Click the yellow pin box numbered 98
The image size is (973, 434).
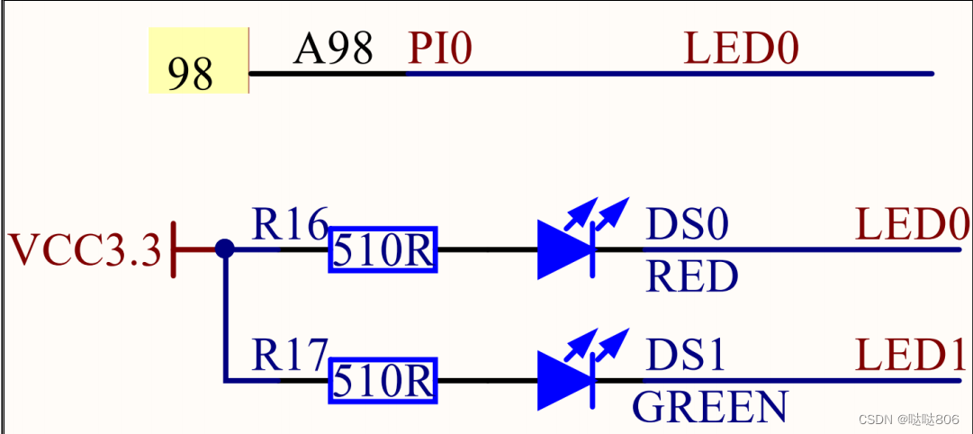coord(198,60)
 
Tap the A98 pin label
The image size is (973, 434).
coord(332,49)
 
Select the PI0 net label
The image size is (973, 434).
coord(440,49)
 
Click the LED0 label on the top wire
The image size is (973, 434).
coord(742,49)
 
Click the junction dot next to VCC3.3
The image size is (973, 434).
coord(225,249)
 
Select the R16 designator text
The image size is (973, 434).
coord(290,225)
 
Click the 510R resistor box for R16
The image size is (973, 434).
coord(383,250)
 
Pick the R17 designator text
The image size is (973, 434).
coord(290,357)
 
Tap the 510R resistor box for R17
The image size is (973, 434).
coord(383,381)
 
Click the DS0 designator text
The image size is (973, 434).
coord(686,225)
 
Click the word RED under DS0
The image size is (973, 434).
coord(691,277)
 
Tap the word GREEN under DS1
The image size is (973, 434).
coord(709,406)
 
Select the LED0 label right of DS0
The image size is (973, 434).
coord(912,225)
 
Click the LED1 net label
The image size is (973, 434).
coord(912,357)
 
